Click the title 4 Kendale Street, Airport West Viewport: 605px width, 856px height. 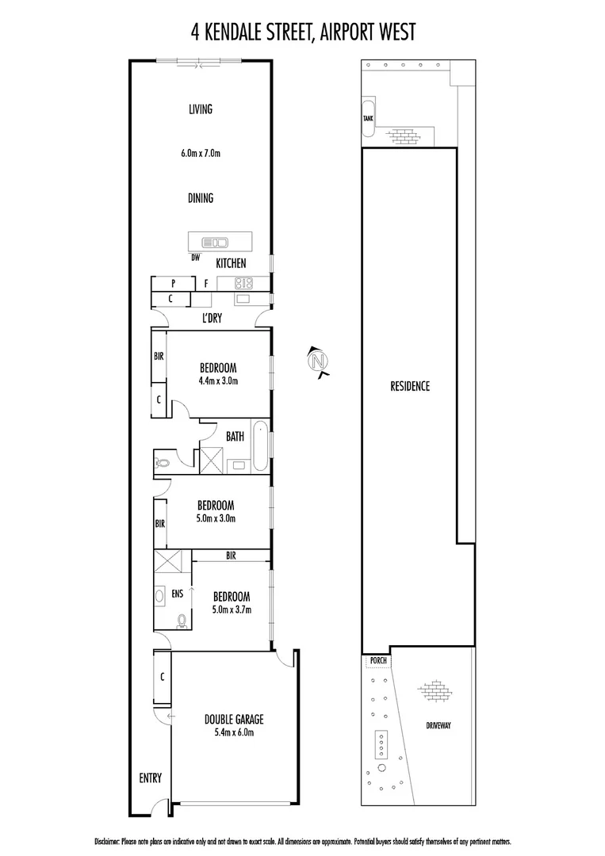click(x=303, y=31)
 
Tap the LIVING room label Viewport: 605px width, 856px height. click(x=201, y=109)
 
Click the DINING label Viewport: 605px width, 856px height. click(x=201, y=198)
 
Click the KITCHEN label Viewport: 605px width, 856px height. click(x=230, y=263)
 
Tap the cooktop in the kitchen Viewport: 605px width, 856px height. click(x=241, y=282)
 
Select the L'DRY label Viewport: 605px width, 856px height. click(x=211, y=319)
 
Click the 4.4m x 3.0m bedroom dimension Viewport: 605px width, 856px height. click(x=218, y=380)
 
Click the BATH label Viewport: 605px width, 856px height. click(x=235, y=436)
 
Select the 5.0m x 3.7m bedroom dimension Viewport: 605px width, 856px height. click(x=231, y=610)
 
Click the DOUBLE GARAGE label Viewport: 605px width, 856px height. click(x=234, y=719)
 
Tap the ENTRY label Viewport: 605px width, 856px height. click(x=150, y=778)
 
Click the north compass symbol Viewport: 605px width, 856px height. click(x=319, y=362)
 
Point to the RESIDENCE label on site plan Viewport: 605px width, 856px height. click(x=410, y=387)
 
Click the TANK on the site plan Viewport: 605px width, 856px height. click(x=369, y=118)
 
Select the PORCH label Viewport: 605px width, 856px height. click(x=377, y=660)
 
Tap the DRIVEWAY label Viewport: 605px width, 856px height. click(x=437, y=725)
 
